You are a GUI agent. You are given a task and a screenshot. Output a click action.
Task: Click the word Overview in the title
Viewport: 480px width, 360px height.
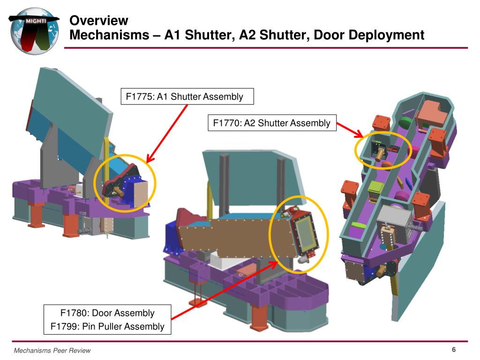click(x=98, y=21)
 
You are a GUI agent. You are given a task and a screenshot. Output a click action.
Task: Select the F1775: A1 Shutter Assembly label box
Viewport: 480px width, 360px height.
click(x=187, y=97)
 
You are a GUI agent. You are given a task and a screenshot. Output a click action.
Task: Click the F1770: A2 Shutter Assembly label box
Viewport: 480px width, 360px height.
click(x=272, y=123)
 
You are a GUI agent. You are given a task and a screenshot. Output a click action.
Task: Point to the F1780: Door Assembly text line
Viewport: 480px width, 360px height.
click(x=107, y=313)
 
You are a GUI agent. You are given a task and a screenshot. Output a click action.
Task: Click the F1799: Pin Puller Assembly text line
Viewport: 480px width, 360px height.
click(x=107, y=326)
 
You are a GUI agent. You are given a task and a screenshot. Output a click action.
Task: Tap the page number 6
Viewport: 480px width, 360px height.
click(x=454, y=350)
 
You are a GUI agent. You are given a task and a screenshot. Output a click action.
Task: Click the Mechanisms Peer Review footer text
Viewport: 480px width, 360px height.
click(x=52, y=351)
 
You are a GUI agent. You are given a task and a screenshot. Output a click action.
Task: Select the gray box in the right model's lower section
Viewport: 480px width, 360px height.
click(x=395, y=219)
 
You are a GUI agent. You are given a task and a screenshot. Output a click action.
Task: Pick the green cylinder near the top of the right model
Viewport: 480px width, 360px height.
click(x=406, y=122)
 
